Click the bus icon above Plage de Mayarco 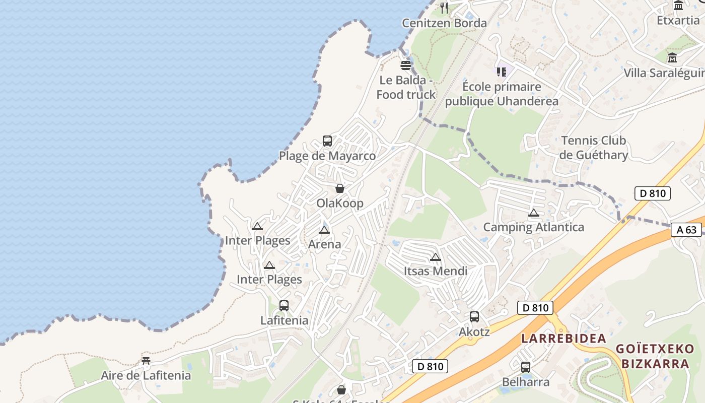(327, 141)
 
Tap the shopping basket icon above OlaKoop (340, 188)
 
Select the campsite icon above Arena (324, 230)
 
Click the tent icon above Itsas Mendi (436, 257)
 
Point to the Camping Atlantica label (534, 227)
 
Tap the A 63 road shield (686, 230)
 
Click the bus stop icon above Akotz (474, 317)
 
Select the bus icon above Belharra (526, 367)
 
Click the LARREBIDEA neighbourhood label (563, 339)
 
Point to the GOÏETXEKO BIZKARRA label (655, 356)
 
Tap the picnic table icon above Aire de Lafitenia (146, 361)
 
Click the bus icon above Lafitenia (284, 306)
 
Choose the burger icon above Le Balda (406, 65)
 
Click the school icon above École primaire (501, 72)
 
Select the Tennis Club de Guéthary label (594, 148)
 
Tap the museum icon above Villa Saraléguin (672, 58)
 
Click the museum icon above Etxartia (678, 6)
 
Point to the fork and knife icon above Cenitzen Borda (444, 8)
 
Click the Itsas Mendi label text (436, 271)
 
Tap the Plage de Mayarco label (327, 156)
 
